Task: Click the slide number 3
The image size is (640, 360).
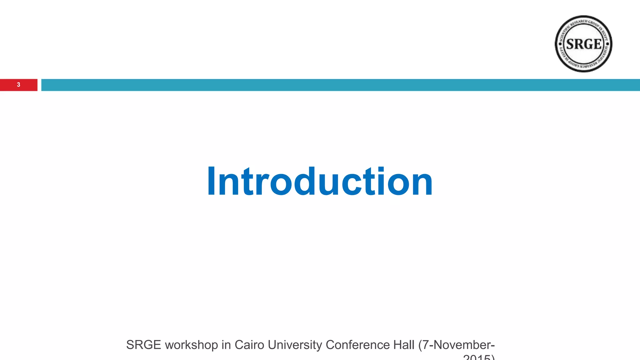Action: pyautogui.click(x=18, y=85)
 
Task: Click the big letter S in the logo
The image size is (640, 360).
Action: pyautogui.click(x=571, y=44)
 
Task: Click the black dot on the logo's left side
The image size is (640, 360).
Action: pyautogui.click(x=560, y=44)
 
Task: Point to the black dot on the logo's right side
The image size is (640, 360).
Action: pyautogui.click(x=607, y=44)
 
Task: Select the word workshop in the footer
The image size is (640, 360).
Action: pyautogui.click(x=191, y=345)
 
